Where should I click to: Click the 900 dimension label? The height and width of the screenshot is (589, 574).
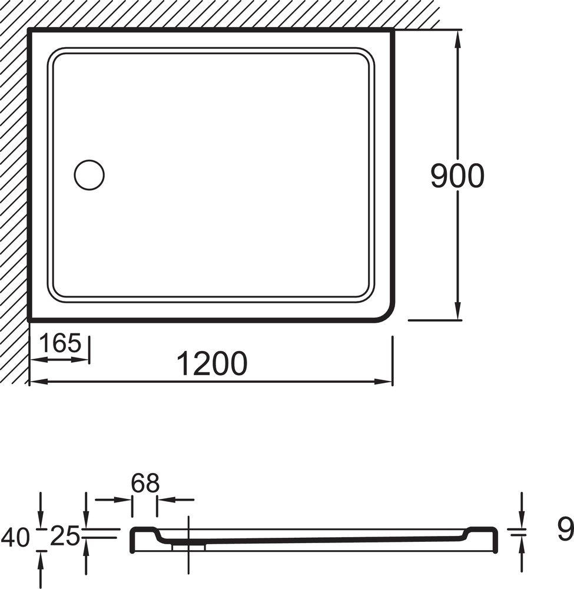point(457,176)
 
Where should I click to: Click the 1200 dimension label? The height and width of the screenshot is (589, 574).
point(212,363)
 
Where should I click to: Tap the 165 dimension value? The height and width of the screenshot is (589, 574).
point(60,343)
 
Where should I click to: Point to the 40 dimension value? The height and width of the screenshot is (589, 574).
point(16,537)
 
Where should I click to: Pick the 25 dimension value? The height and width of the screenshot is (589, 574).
point(65,536)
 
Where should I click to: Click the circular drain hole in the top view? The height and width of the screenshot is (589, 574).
point(89,175)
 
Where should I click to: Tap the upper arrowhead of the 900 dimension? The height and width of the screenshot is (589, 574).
point(457,39)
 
